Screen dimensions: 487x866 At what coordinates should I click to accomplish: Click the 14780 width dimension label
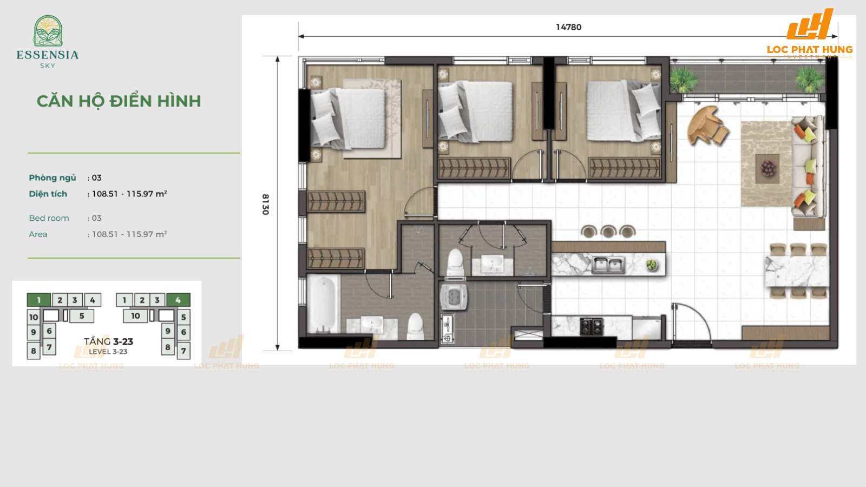[568, 27]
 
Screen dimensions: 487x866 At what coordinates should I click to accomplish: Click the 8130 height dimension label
[265, 204]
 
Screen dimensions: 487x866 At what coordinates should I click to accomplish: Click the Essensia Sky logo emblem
[48, 31]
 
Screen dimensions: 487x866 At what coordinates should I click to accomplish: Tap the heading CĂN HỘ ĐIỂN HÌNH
[119, 101]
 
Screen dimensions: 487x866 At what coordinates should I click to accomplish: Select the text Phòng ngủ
[53, 177]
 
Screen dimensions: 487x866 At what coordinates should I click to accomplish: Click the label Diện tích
[48, 194]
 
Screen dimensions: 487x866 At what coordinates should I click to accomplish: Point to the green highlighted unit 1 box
[38, 300]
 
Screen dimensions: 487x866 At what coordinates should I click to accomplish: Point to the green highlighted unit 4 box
[178, 300]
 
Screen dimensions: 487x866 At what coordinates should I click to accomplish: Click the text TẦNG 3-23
[108, 341]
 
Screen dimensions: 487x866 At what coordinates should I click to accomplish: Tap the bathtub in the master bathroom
[323, 305]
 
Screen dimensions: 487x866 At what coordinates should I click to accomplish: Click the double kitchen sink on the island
[608, 265]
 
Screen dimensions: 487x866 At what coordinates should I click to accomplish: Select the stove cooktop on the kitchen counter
[591, 326]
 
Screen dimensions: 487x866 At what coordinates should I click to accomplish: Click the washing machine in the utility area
[454, 297]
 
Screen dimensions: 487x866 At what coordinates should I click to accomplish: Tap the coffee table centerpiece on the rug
[768, 168]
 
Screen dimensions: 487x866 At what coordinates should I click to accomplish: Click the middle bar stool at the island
[608, 232]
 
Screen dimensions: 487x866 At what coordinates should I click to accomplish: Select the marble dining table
[796, 271]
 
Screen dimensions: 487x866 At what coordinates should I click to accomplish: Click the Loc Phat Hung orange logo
[810, 32]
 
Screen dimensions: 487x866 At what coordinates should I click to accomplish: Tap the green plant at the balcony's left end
[683, 80]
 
